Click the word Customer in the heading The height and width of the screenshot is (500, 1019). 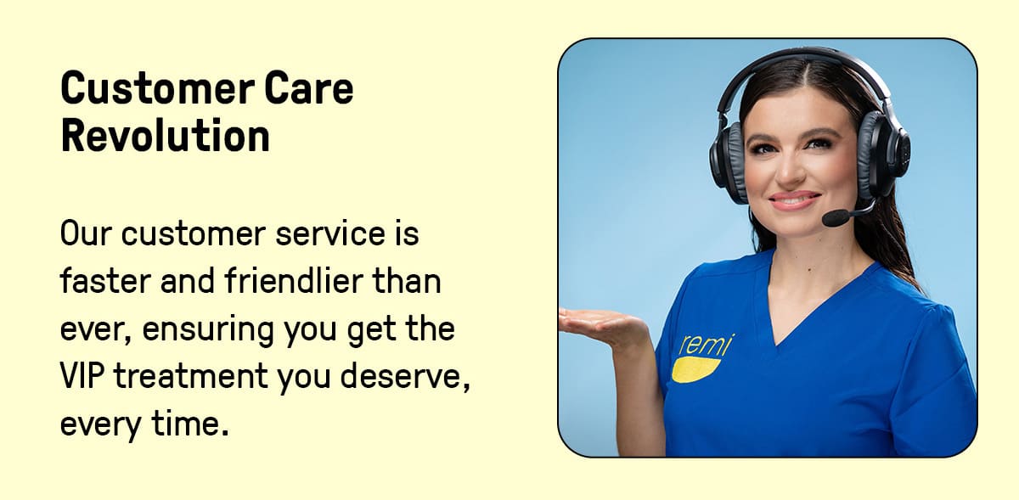point(157,87)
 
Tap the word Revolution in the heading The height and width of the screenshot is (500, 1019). point(166,135)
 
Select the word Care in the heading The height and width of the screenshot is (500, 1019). point(309,87)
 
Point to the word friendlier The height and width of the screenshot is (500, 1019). point(294,280)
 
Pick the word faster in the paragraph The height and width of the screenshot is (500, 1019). point(105,280)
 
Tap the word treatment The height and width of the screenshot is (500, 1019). point(190,376)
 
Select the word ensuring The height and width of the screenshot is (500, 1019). point(208,329)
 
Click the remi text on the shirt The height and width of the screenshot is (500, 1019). point(706,345)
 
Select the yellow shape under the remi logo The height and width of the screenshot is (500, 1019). point(695,369)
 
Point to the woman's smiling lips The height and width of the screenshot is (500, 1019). point(794,200)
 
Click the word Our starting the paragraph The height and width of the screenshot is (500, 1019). point(86,233)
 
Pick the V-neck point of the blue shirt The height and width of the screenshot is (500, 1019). point(777,344)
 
